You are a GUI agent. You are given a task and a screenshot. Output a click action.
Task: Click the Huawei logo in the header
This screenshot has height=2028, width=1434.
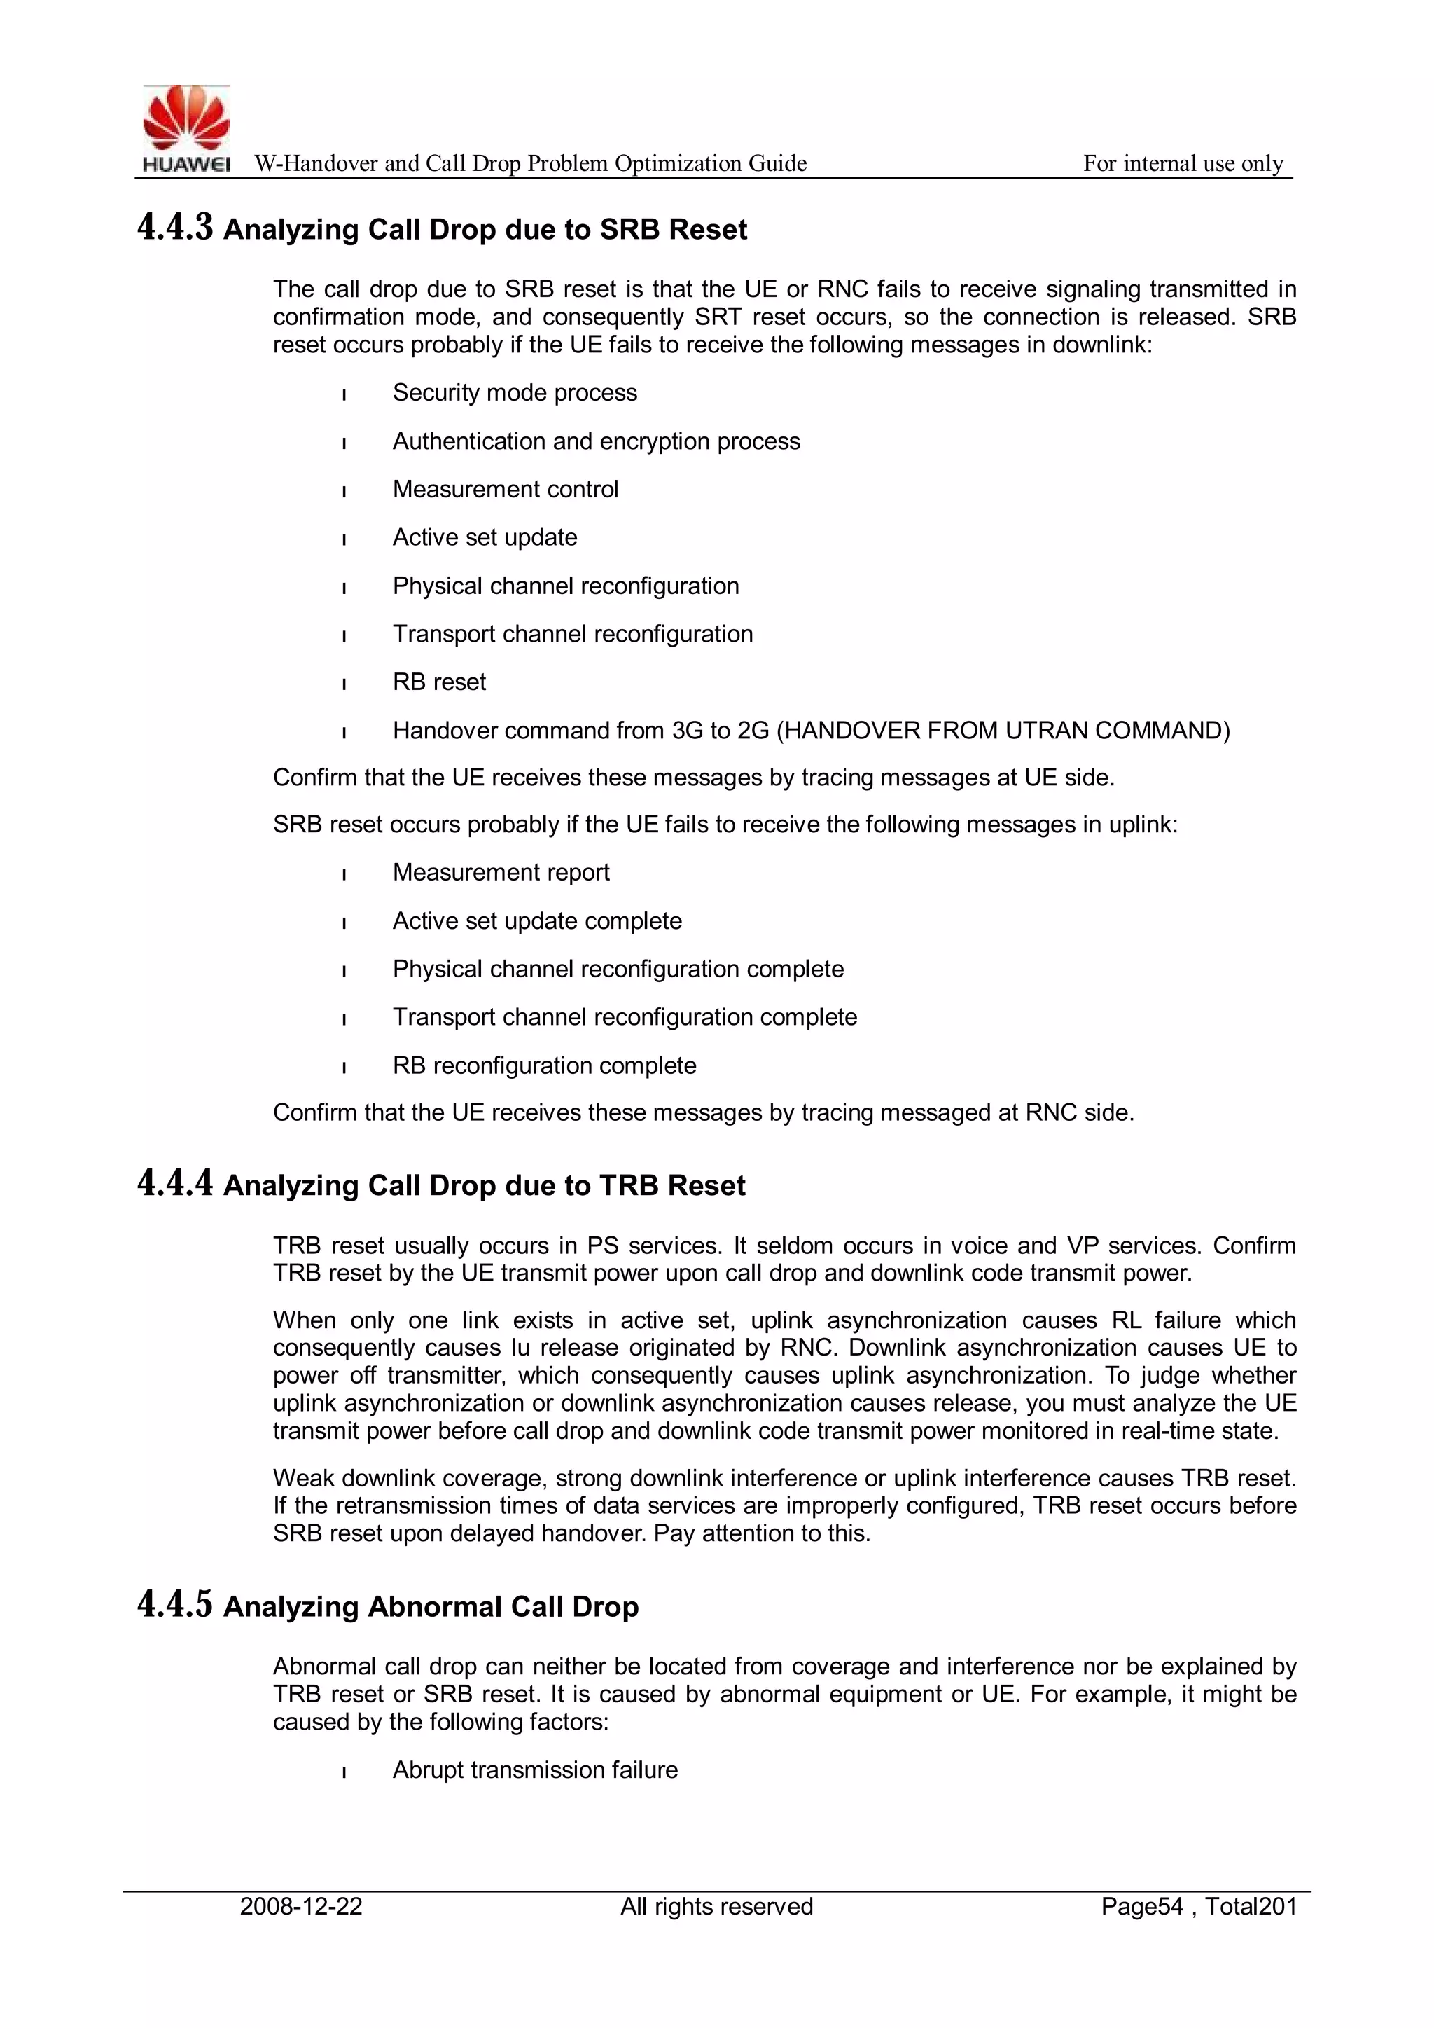[186, 129]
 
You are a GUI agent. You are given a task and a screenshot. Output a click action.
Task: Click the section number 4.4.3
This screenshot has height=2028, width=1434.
[175, 228]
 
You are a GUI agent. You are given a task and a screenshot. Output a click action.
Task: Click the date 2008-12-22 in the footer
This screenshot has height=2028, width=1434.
[301, 1906]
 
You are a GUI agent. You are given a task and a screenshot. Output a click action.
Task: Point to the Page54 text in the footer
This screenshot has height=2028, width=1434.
[1142, 1906]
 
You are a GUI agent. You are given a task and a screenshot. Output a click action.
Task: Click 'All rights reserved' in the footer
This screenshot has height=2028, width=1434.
[716, 1906]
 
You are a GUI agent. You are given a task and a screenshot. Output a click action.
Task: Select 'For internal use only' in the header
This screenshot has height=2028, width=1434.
[1183, 163]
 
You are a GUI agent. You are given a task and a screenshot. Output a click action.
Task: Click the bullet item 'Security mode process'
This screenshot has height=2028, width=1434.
[514, 392]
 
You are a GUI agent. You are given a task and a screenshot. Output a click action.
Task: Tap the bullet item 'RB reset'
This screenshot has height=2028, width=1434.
[439, 682]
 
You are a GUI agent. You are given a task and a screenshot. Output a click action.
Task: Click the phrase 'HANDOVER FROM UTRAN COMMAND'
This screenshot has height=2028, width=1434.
[1002, 731]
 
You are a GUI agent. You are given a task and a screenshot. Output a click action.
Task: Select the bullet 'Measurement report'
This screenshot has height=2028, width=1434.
[501, 873]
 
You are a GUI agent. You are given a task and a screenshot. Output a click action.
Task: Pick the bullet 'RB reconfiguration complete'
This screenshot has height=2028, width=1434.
[544, 1065]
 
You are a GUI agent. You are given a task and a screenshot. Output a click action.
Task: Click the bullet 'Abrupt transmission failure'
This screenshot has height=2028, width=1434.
[535, 1770]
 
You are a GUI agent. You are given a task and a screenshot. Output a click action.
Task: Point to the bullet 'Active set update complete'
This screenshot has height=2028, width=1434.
[537, 921]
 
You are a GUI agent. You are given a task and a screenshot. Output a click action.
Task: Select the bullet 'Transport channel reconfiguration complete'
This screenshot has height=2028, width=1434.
[625, 1018]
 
